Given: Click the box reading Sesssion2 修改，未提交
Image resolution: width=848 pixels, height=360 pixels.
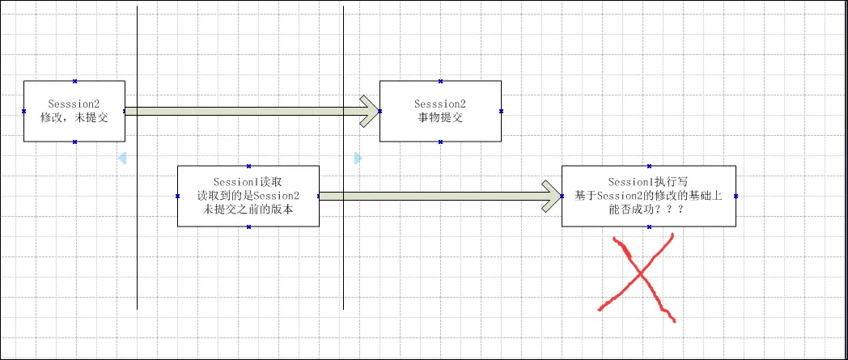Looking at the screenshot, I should click(x=74, y=111).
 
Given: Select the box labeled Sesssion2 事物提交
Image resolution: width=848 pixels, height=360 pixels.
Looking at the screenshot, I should click(x=440, y=111).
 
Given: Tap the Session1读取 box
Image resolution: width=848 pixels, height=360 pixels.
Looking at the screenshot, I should click(x=248, y=196).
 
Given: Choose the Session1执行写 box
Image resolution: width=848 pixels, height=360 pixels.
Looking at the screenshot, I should click(x=649, y=196).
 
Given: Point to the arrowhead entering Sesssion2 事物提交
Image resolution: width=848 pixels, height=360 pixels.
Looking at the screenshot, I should click(x=370, y=111).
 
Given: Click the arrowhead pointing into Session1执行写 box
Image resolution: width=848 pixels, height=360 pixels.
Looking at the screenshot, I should click(x=552, y=196).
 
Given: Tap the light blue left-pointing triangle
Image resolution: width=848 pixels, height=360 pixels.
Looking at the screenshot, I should click(x=122, y=157).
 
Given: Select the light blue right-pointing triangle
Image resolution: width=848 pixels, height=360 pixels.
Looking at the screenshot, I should click(x=358, y=157).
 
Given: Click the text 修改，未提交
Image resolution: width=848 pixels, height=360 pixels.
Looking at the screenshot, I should click(x=74, y=117).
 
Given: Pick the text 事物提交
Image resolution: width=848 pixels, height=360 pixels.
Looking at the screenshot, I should click(x=440, y=117).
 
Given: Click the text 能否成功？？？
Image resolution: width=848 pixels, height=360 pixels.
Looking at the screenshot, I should click(x=649, y=209).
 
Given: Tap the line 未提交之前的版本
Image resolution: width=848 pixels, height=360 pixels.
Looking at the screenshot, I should click(x=248, y=209).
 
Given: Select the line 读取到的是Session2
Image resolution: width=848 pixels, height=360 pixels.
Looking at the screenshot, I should click(x=248, y=196).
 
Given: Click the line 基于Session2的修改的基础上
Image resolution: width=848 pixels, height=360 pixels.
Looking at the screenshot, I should click(x=649, y=196).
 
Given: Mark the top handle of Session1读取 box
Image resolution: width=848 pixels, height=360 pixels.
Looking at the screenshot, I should click(x=248, y=166).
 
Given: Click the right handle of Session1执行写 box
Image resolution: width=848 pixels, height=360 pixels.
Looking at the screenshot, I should click(x=736, y=196).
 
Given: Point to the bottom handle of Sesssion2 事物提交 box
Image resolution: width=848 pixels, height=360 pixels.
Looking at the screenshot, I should click(x=440, y=142).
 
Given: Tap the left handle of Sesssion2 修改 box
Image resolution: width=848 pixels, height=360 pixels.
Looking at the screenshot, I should click(x=23, y=111).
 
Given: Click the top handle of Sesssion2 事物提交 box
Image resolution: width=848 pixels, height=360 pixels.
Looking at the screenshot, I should click(x=440, y=81).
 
